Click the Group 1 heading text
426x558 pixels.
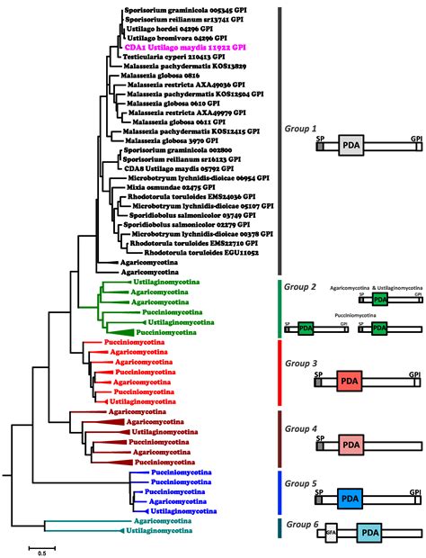point(302,129)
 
